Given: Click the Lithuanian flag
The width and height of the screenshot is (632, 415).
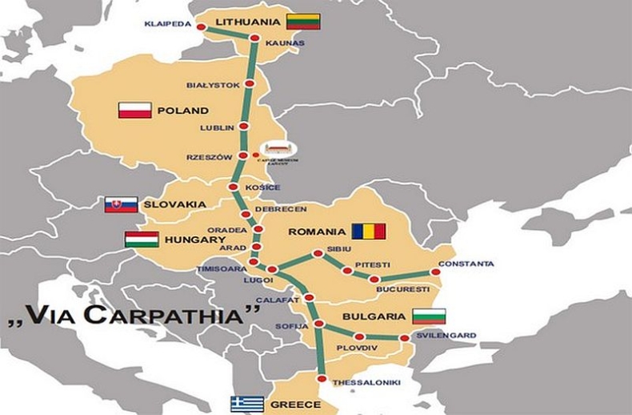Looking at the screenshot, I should tap(303, 22).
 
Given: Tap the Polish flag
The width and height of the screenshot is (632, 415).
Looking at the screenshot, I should tap(135, 110).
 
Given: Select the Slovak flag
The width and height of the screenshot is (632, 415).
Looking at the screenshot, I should tap(121, 204).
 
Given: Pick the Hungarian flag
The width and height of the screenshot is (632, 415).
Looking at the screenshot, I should tap(142, 239).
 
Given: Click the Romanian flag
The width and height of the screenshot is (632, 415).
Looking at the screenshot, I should tap(369, 232).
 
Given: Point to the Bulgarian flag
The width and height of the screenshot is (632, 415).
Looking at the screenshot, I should tap(429, 316).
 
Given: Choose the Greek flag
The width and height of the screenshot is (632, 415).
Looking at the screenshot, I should tap(247, 404).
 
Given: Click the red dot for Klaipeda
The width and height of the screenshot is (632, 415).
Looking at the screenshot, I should tap(201, 27).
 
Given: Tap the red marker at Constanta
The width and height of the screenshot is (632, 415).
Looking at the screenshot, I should tap(436, 272).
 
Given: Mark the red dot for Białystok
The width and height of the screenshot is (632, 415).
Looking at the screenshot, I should tap(249, 83).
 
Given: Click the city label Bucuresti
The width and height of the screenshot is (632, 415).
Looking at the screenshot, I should tap(402, 288).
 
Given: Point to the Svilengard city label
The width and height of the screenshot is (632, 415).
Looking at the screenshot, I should tap(446, 335).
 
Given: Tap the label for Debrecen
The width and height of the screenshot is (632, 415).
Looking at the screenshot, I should tap(281, 209).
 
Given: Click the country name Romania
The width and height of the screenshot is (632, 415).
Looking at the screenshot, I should tap(316, 232).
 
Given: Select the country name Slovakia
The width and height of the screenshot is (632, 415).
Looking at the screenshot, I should tap(174, 204).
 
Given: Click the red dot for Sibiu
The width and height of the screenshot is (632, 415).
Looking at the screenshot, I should tap(318, 253).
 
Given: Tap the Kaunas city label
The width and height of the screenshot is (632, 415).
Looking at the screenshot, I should tap(284, 42).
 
